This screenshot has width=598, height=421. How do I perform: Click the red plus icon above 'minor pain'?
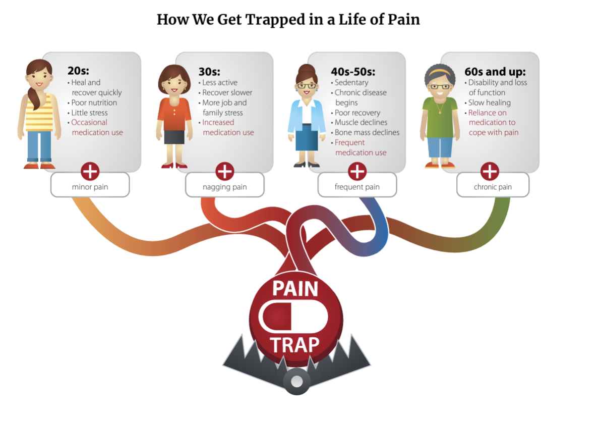click(x=90, y=171)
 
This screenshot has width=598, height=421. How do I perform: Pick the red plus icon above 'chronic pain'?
click(x=490, y=171)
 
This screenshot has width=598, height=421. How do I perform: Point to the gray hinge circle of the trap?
click(x=297, y=381)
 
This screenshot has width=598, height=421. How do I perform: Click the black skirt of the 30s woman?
click(x=174, y=137)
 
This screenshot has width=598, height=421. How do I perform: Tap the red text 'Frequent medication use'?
click(x=360, y=147)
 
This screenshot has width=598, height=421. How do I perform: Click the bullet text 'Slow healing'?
click(x=489, y=102)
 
